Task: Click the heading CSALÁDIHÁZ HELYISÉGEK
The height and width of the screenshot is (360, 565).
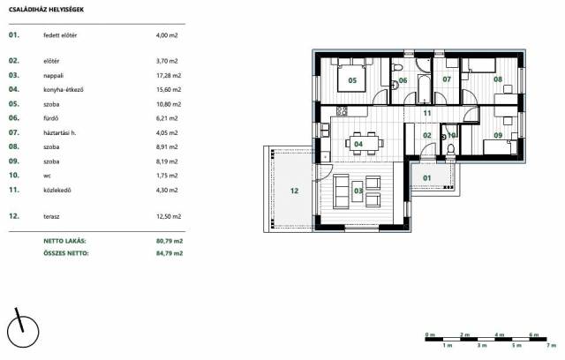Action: [46, 10]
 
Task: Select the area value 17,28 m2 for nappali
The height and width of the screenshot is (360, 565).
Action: [169, 76]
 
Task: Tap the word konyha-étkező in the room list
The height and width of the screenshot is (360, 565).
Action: [64, 90]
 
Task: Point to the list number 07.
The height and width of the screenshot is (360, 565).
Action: [14, 132]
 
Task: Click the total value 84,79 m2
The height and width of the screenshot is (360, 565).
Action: [169, 253]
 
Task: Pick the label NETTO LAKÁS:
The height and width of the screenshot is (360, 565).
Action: [64, 241]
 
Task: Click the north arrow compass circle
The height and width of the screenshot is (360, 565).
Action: [24, 332]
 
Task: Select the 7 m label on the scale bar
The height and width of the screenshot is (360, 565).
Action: [551, 345]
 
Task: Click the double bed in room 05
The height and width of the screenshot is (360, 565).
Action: [351, 75]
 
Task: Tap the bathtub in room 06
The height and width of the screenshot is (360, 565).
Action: [424, 88]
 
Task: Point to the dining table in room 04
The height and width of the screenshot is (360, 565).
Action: [364, 143]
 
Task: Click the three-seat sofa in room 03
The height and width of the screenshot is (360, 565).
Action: [341, 191]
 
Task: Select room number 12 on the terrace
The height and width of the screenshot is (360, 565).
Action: [294, 191]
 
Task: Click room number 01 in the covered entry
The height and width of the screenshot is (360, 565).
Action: [427, 178]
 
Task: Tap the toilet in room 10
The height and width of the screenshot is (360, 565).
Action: [450, 148]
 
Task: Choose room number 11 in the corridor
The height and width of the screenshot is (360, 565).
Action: [427, 113]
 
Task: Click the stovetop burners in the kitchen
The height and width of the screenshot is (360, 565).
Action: [342, 111]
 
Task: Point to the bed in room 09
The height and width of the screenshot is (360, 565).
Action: [499, 146]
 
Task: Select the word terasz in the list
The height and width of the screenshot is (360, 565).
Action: [51, 216]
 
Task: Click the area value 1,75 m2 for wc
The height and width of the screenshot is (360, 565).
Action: [167, 176]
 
